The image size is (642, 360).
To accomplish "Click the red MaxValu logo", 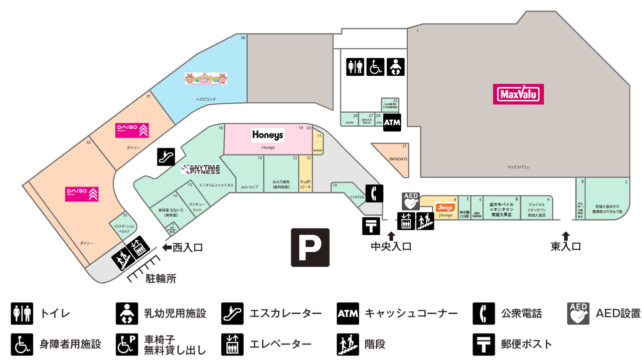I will click(x=519, y=94).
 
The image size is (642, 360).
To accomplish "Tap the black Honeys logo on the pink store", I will click(x=268, y=134).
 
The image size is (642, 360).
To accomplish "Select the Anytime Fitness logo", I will click(x=201, y=169).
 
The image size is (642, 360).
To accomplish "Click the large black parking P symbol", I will click(x=310, y=247).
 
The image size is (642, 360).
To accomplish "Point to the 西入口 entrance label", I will click(x=188, y=248).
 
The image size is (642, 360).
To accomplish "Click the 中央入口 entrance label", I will click(x=391, y=246).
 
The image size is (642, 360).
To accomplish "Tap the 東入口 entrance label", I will click(x=566, y=246).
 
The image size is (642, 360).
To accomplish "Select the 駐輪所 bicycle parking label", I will click(x=160, y=279).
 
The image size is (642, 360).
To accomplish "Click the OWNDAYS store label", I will click(x=398, y=159).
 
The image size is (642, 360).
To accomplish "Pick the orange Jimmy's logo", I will click(x=444, y=207).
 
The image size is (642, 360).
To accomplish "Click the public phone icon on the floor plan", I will click(x=374, y=193).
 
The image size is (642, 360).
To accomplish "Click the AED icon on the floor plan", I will click(x=410, y=202).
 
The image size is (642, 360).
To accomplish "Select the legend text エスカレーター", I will click(x=286, y=314).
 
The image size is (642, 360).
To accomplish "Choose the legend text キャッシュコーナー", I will click(x=411, y=314).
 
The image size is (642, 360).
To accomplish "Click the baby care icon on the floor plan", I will click(x=395, y=67).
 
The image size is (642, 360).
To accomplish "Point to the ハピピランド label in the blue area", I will click(x=206, y=99).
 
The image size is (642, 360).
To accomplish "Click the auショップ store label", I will click(x=249, y=187).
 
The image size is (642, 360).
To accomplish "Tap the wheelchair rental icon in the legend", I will click(x=126, y=344).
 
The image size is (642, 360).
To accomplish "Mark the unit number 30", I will click(x=243, y=38).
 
